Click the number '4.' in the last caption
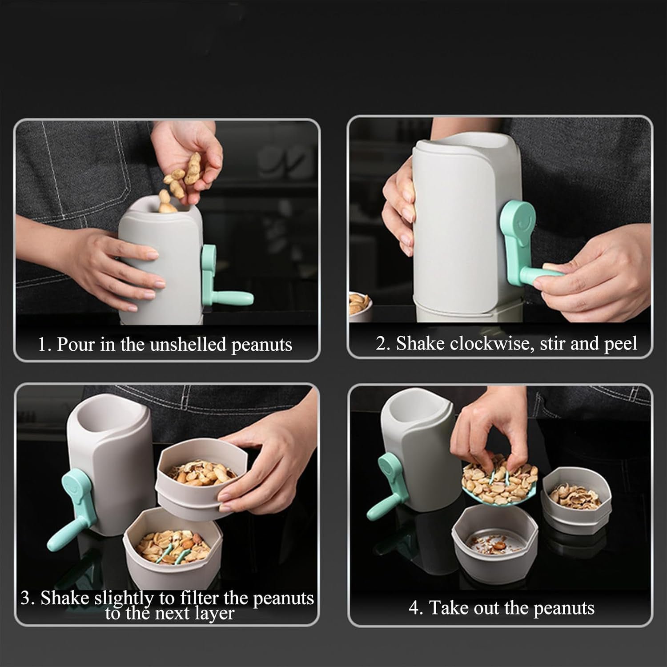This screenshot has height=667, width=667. [416, 608]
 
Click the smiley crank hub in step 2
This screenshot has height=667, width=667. [518, 221]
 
